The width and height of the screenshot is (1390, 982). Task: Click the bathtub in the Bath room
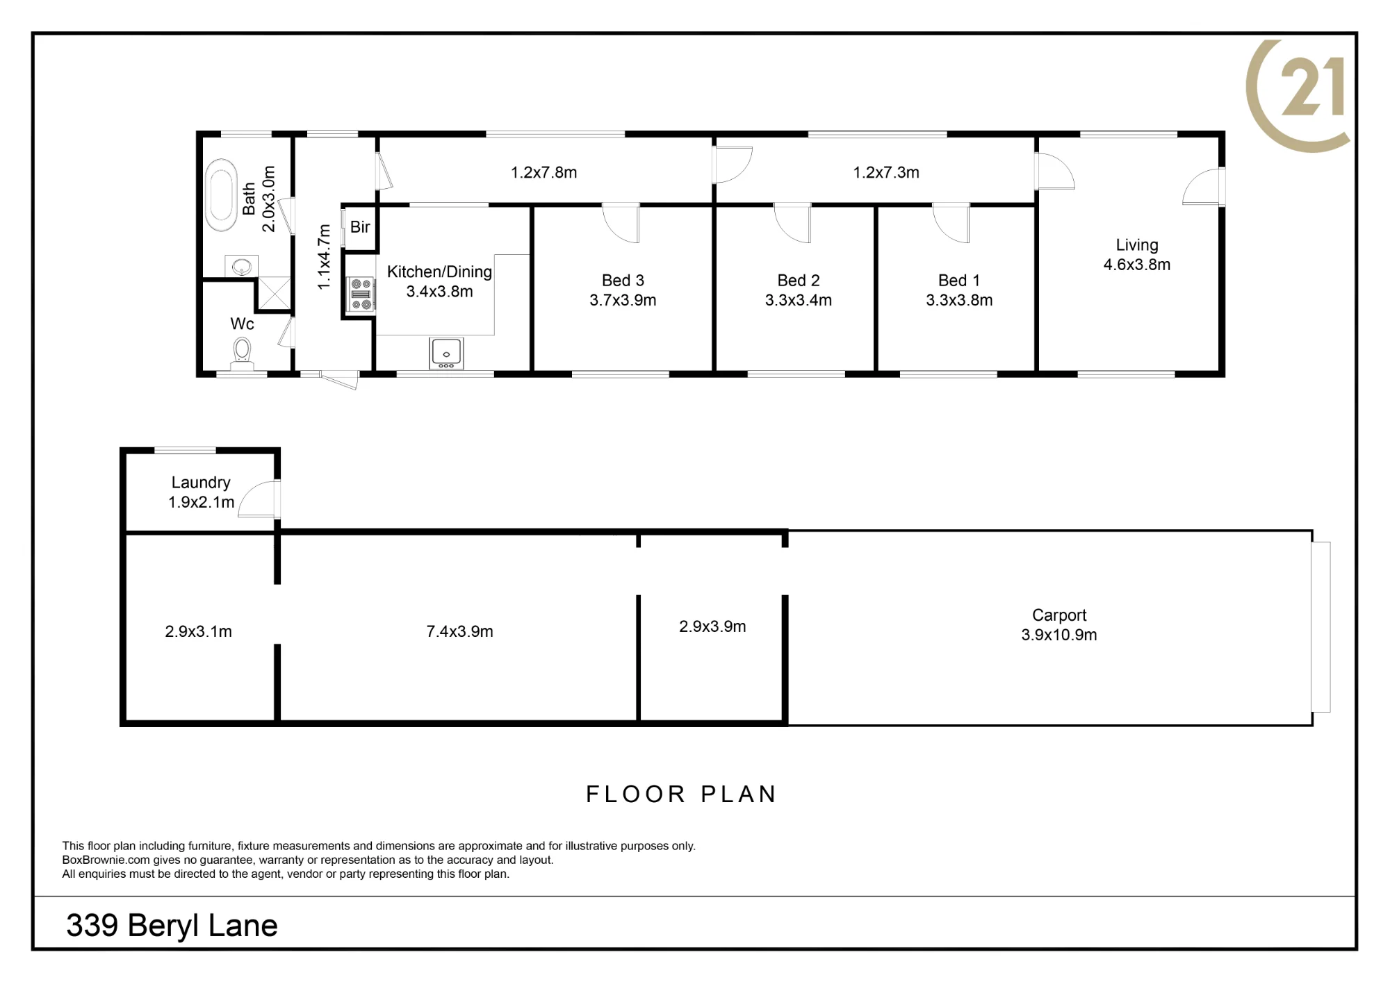(221, 195)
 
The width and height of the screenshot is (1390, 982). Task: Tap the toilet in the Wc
(242, 353)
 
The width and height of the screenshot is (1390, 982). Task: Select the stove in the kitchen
(361, 294)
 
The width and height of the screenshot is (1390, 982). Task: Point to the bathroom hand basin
(241, 265)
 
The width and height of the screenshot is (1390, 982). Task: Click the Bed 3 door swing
(621, 223)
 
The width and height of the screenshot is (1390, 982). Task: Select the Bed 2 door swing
(793, 223)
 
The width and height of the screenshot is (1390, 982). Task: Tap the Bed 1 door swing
(951, 223)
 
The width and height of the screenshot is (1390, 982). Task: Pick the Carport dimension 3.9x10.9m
(1059, 635)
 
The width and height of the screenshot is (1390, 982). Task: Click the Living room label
(1137, 245)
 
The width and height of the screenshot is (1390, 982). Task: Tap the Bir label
(360, 227)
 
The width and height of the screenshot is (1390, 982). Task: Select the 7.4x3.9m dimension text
(460, 631)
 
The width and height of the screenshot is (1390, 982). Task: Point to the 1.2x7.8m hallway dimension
(544, 172)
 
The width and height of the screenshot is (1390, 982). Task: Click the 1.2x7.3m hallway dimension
(886, 172)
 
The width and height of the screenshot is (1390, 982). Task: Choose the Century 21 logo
(1297, 95)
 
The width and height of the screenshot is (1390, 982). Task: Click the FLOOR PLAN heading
(681, 794)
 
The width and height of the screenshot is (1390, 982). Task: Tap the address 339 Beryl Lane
(172, 926)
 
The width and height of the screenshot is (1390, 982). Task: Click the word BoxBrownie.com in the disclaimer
(106, 860)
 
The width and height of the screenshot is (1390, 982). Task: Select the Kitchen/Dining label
(439, 272)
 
